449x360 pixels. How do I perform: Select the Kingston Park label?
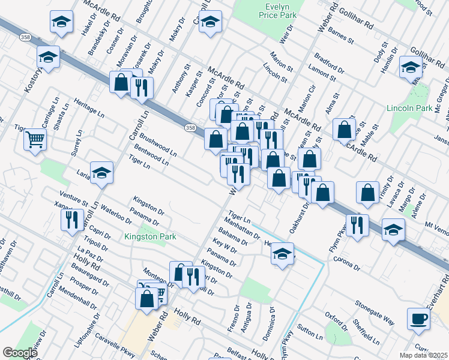[x=150, y=236]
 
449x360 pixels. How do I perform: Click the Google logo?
[x=20, y=353]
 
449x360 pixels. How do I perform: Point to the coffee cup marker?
[x=418, y=318]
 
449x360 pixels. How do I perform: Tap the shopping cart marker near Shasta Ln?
[x=35, y=140]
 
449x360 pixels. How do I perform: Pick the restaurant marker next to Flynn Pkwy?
[x=357, y=225]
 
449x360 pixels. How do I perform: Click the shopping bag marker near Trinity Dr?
[x=367, y=192]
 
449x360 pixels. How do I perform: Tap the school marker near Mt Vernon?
[x=393, y=230]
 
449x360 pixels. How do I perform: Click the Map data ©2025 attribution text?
[x=423, y=355]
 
